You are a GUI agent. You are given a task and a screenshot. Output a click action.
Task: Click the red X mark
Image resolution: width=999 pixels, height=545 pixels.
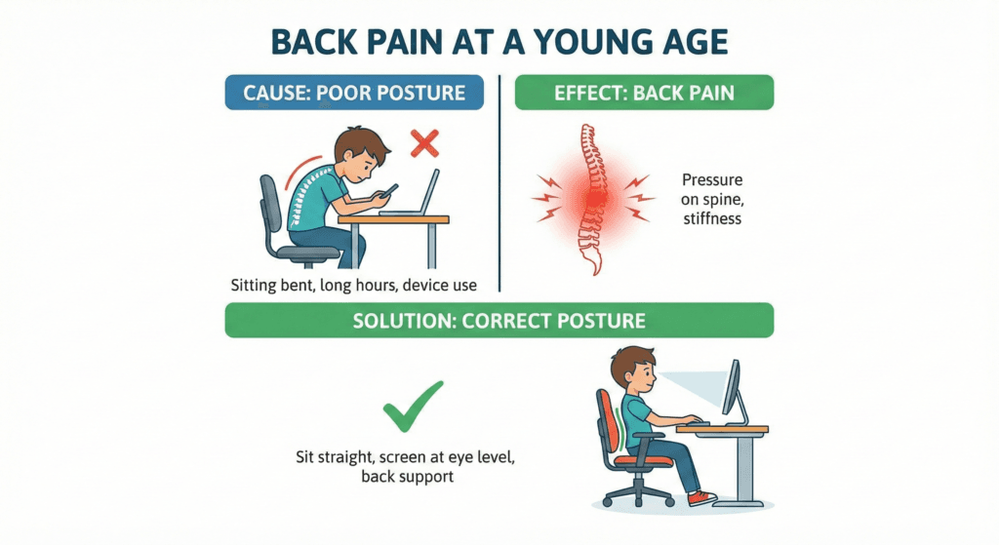pos(423,144)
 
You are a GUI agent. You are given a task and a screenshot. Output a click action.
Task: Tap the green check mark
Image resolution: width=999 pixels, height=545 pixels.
pos(413,407)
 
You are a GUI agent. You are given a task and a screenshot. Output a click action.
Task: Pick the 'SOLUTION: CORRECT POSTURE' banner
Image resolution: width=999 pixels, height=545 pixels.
pos(499,320)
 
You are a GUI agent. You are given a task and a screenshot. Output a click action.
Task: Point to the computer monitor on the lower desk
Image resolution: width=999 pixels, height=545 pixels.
pos(732,389)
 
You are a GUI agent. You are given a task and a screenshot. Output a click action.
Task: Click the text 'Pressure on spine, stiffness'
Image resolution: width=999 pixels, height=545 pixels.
pos(712,200)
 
